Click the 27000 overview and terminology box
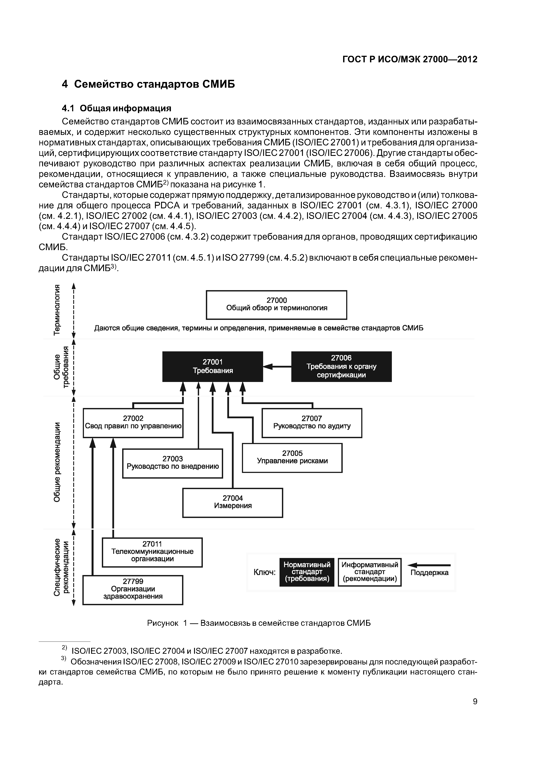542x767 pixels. coord(276,305)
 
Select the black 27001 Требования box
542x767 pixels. coord(212,366)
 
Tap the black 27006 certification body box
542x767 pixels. coord(341,366)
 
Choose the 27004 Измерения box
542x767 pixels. coord(233,502)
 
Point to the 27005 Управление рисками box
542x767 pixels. coord(292,458)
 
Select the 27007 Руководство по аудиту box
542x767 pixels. coord(312,423)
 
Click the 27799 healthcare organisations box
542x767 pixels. coord(133,590)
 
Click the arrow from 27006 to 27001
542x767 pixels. coord(277,367)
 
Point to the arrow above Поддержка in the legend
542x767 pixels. coord(429,565)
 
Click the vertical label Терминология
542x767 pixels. coord(57,309)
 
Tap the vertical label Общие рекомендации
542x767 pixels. coord(57,462)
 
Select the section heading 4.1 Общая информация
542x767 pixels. coord(116,108)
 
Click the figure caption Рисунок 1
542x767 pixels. coord(259,623)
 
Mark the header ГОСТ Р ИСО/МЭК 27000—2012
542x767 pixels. coord(410,59)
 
